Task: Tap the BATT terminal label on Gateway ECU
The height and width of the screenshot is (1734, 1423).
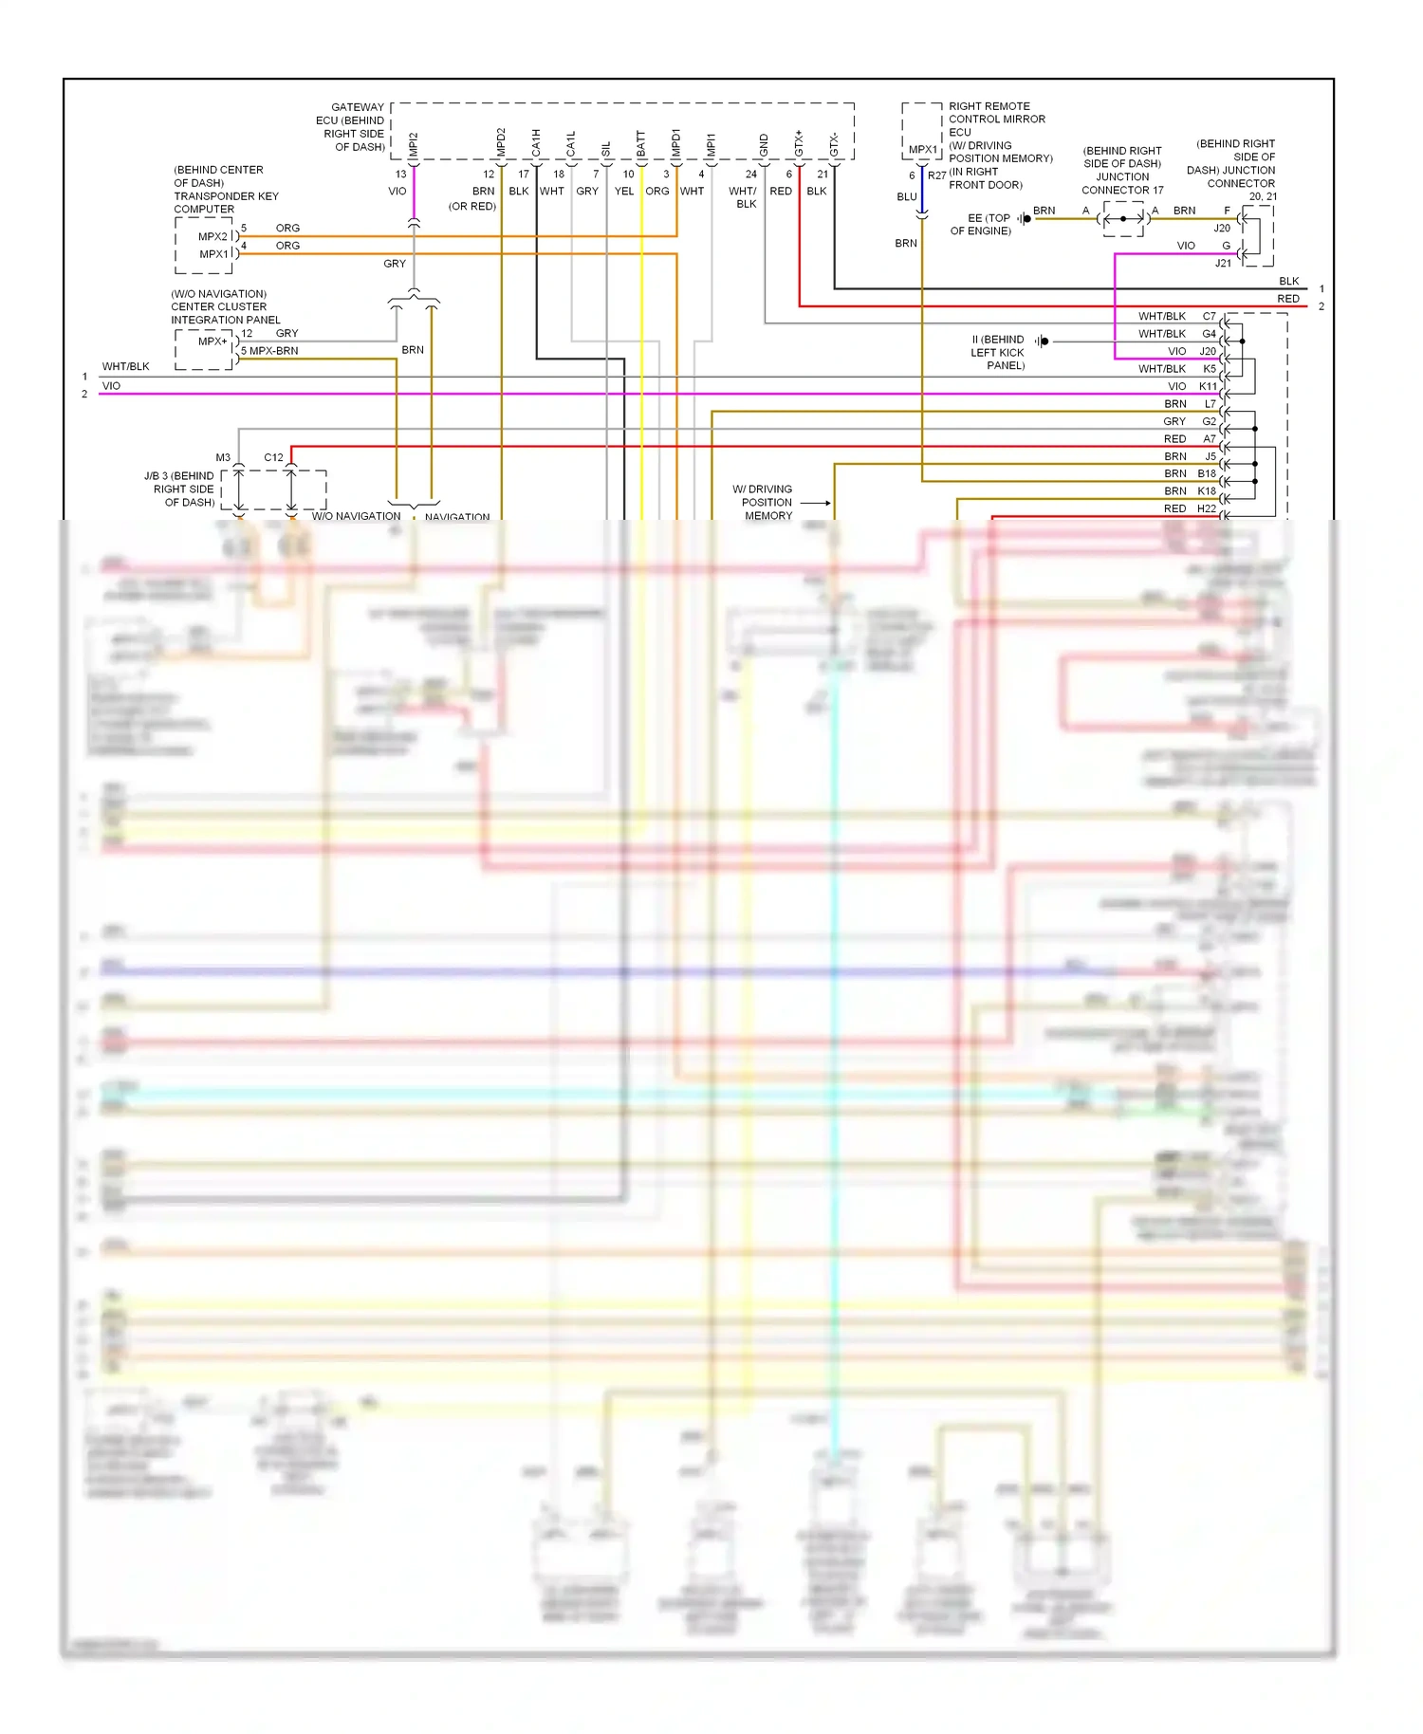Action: [641, 144]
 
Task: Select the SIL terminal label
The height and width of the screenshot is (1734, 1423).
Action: [606, 149]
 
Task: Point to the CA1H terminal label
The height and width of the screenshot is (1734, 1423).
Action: [536, 143]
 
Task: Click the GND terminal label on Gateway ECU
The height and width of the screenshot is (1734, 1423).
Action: [764, 145]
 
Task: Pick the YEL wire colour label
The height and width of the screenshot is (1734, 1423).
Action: [623, 192]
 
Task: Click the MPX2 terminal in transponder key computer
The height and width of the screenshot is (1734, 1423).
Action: [213, 237]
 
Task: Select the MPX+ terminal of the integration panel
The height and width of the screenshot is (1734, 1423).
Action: [213, 341]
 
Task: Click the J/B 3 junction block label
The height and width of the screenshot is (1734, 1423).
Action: [180, 489]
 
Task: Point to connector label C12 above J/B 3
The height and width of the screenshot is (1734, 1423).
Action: [273, 458]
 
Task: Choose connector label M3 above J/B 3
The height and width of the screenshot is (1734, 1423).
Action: [223, 458]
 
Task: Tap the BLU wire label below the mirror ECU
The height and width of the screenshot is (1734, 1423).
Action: [907, 197]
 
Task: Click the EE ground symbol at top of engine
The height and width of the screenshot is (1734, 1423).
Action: [1026, 219]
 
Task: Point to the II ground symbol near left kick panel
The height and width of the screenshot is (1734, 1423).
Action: [1042, 341]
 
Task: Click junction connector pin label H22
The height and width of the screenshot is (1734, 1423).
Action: [1206, 509]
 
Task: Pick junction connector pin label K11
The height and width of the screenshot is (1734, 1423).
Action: [1207, 387]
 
